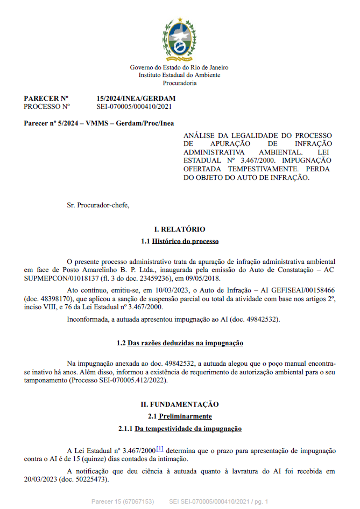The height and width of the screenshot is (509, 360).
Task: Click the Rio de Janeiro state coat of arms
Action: (179, 39)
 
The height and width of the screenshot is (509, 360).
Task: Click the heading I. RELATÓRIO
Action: (180, 229)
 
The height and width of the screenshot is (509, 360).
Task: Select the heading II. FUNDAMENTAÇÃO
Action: (180, 404)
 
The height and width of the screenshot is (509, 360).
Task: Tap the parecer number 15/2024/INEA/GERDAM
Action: (136, 99)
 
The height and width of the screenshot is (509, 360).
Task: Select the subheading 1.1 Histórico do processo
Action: (180, 241)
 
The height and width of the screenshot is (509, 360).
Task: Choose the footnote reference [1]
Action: (160, 449)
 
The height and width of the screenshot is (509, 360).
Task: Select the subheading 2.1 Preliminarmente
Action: (180, 416)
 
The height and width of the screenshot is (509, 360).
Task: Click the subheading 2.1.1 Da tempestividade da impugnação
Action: (180, 429)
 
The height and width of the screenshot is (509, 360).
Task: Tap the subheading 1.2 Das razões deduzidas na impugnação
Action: (180, 343)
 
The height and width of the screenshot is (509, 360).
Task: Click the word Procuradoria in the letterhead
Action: (180, 83)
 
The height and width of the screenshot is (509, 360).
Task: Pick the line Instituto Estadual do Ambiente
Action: (180, 75)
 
